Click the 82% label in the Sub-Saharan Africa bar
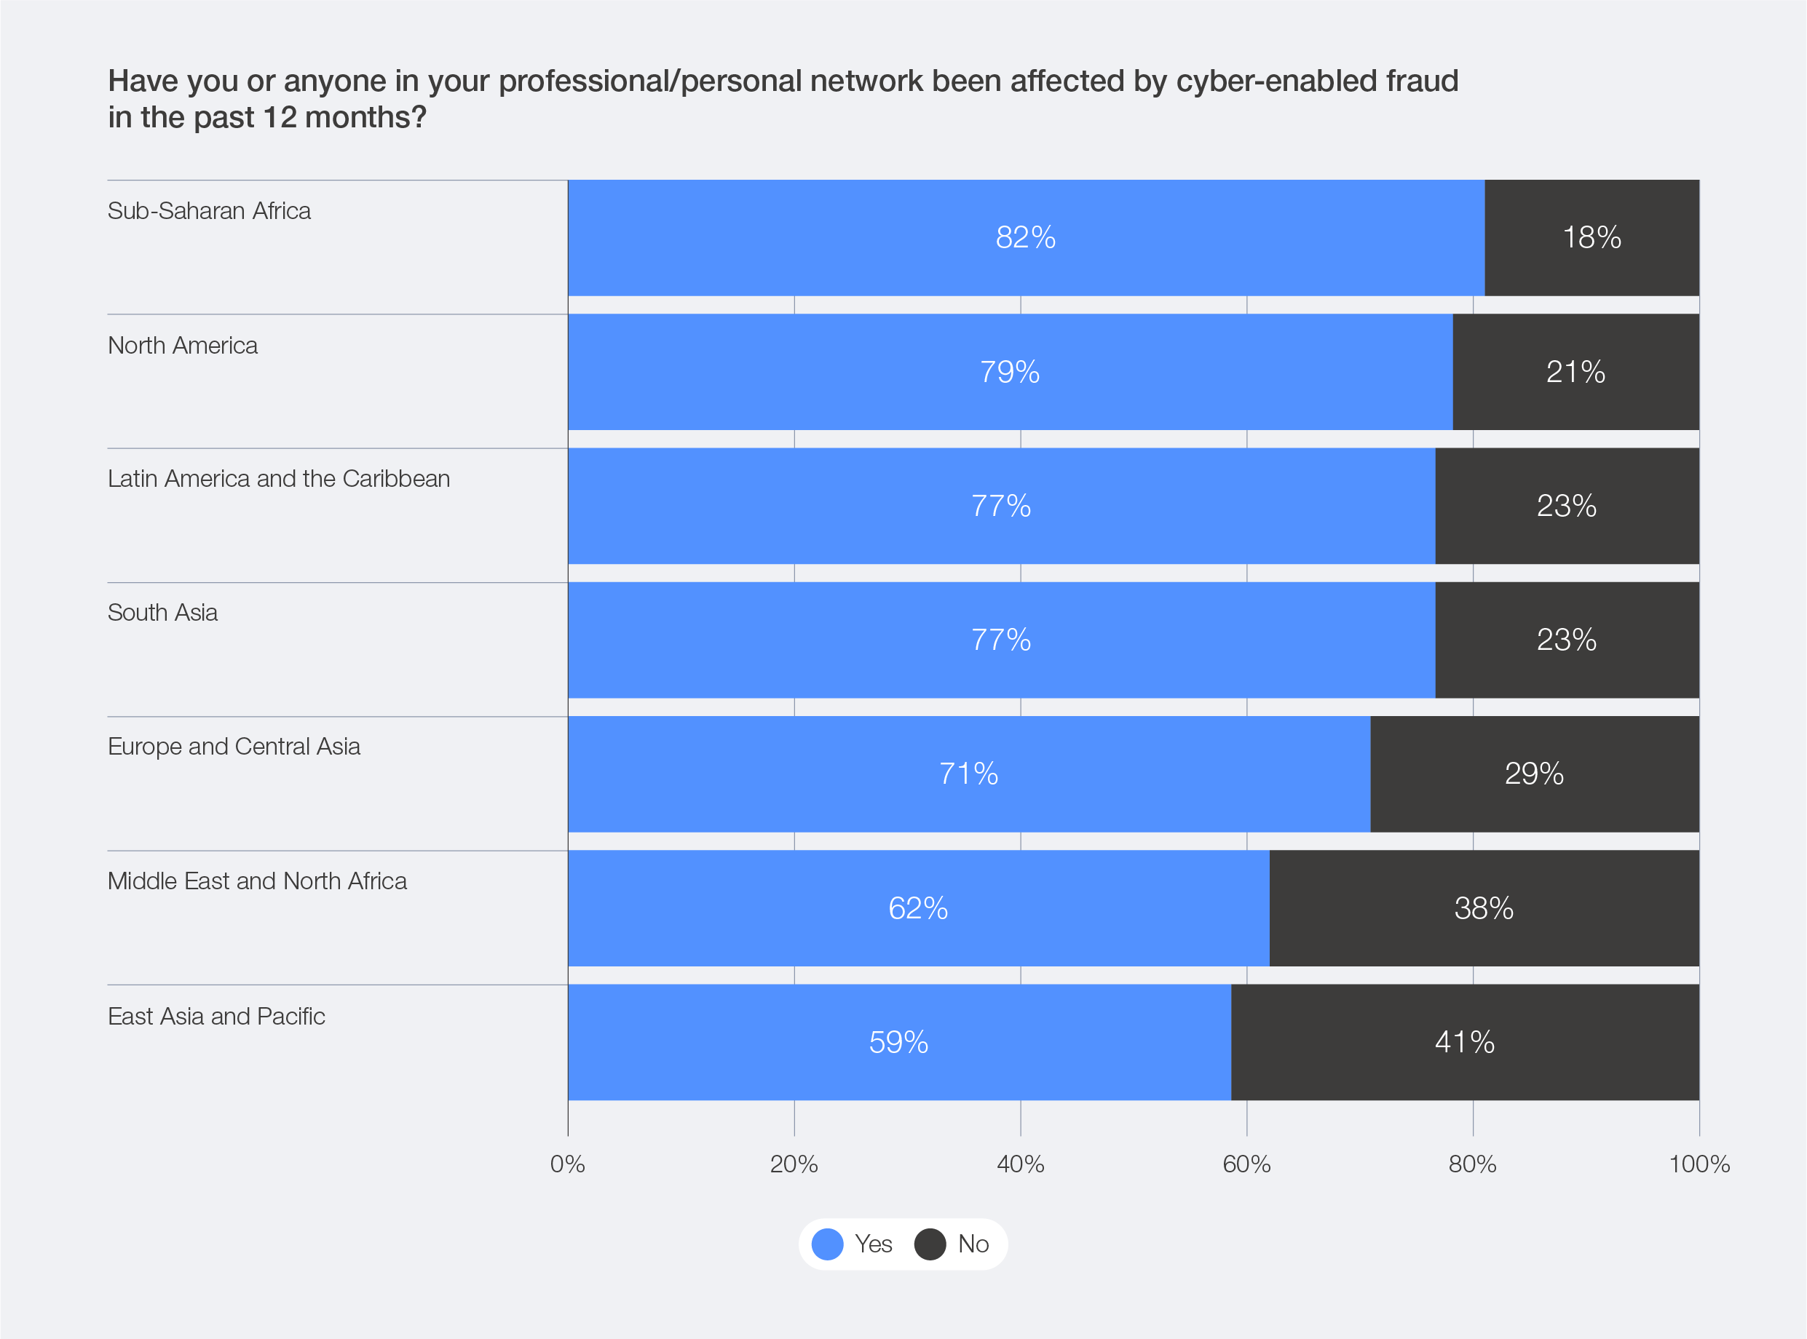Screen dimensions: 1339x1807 [1026, 237]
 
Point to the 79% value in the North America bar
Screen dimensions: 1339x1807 [1009, 372]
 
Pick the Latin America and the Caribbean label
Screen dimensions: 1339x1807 [278, 479]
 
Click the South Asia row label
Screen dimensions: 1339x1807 [162, 613]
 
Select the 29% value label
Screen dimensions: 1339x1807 [1534, 774]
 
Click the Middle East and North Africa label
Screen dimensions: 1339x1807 [257, 881]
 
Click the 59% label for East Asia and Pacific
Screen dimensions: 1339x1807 [898, 1042]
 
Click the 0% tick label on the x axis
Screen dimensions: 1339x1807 [567, 1165]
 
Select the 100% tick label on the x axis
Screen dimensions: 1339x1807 [1699, 1165]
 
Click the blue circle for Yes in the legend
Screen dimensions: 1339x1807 [827, 1244]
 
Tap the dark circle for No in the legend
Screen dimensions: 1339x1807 [930, 1244]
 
